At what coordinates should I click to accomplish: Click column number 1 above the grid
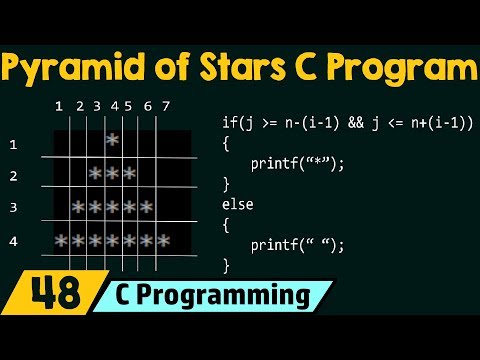point(59,106)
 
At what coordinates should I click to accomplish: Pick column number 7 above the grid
point(166,106)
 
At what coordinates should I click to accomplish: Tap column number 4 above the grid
point(114,106)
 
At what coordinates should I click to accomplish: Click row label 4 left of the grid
point(14,241)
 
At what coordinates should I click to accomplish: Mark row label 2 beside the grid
point(14,177)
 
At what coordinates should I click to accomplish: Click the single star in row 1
point(112,140)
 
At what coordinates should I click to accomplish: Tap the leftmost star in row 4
point(61,242)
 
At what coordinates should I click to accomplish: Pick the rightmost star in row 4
point(163,242)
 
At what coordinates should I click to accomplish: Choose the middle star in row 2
point(112,175)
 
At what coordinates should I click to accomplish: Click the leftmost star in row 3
point(78,208)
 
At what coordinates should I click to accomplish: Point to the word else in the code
point(237,204)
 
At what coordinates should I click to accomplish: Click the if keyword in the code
point(228,122)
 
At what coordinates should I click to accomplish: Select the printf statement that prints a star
point(297,163)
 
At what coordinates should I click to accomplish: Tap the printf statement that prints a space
point(297,244)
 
